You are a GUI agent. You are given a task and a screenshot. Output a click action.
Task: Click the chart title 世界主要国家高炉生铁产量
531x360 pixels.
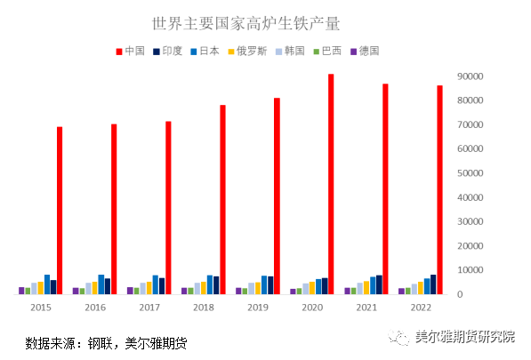(x=246, y=22)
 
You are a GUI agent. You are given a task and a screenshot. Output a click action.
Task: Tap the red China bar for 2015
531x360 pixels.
(x=60, y=210)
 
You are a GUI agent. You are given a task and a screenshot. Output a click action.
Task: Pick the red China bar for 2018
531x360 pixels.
(x=222, y=199)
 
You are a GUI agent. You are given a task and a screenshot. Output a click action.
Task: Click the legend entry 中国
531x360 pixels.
(x=131, y=51)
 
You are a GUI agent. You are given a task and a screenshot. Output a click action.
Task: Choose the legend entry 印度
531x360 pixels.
(x=169, y=51)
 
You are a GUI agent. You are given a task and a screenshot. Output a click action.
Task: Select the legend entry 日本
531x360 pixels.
(x=207, y=51)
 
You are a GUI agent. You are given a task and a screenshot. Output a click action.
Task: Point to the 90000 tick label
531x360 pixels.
(x=469, y=76)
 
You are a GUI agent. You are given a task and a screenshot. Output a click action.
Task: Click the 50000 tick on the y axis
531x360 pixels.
(x=469, y=173)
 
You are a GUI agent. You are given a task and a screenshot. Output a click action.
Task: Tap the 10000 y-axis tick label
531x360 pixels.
(x=469, y=270)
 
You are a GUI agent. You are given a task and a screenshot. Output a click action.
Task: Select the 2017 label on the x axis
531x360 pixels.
(x=149, y=308)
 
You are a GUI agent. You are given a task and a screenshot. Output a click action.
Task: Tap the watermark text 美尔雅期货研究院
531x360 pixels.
(x=465, y=338)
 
